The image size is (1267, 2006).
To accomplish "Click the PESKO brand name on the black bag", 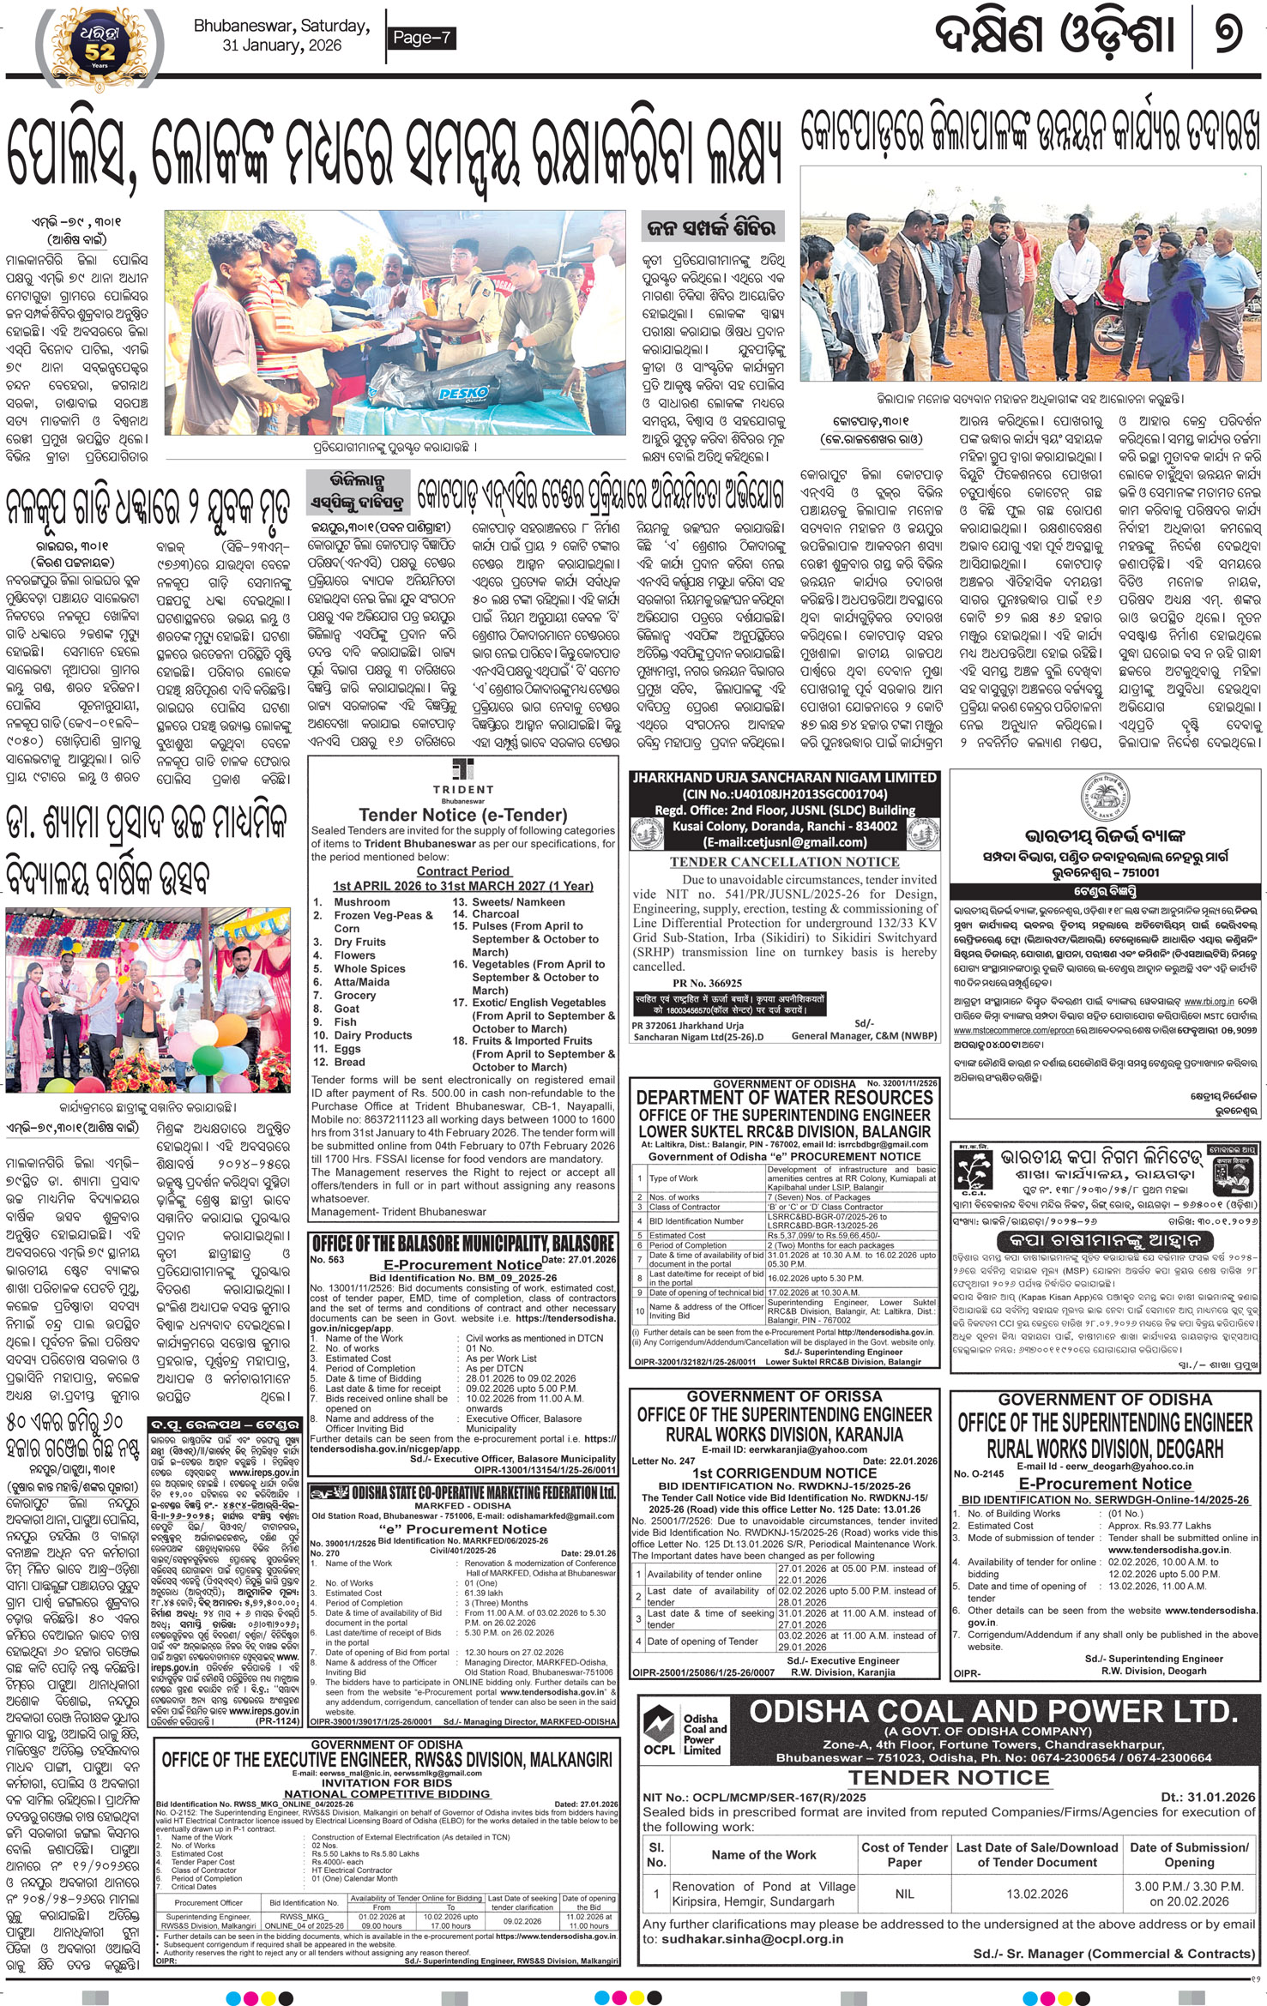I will [x=463, y=394].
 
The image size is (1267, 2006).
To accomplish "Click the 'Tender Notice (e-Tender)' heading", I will [x=462, y=815].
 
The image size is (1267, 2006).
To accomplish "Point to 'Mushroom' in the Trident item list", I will [x=362, y=902].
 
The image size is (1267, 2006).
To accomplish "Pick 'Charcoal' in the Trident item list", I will [x=497, y=914].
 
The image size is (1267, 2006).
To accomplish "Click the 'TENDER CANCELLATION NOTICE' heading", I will [x=784, y=862].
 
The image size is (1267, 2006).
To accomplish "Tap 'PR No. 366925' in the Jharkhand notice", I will [x=707, y=983].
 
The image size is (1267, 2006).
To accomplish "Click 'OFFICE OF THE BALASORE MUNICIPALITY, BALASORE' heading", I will [x=463, y=1244].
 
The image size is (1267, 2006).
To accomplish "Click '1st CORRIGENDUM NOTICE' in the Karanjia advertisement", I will [x=784, y=1473].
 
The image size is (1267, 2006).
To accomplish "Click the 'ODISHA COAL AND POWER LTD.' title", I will [x=993, y=1713].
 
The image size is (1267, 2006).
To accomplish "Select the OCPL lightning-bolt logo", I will [x=660, y=1723].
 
